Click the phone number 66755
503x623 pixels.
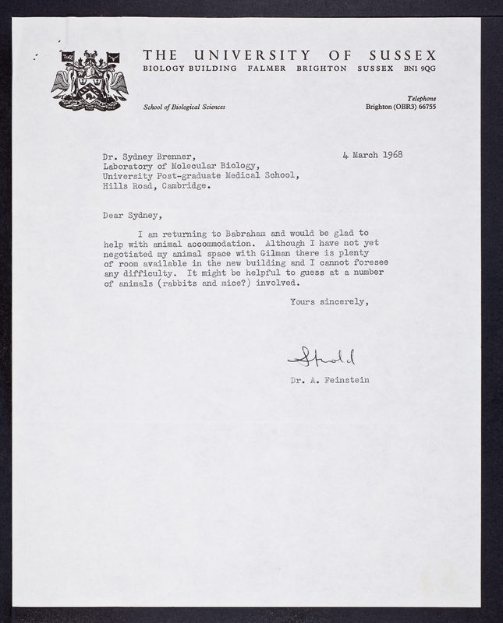click(x=424, y=107)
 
